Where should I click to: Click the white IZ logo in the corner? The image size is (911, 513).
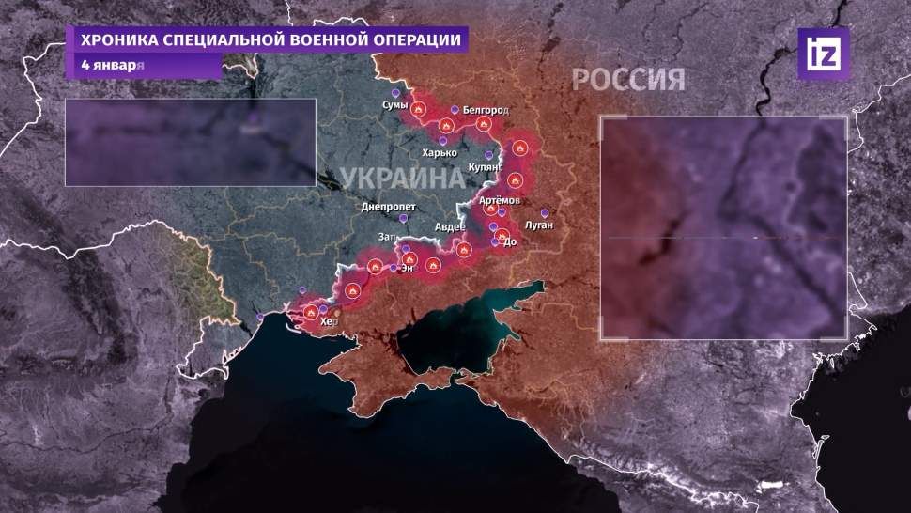tap(823, 54)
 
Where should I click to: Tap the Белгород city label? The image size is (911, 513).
tap(485, 110)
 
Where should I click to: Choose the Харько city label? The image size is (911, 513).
tap(440, 152)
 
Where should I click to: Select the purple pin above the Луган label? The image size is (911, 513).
tap(544, 211)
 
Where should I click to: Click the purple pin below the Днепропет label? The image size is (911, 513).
tap(404, 218)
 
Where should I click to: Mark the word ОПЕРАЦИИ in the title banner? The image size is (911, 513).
tap(414, 40)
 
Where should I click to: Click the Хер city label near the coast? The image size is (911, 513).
tap(327, 322)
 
